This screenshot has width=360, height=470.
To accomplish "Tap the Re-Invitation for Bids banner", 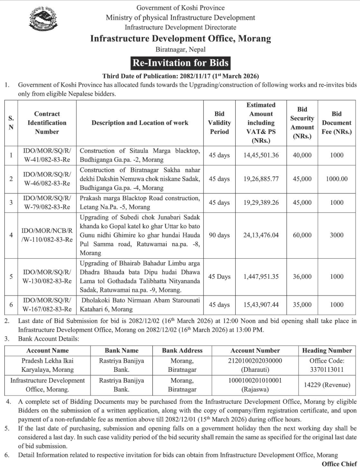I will (180, 63).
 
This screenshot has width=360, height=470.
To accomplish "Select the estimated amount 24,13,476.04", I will (261, 235).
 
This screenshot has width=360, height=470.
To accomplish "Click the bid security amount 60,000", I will (302, 235).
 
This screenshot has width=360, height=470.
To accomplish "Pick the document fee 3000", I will (336, 235).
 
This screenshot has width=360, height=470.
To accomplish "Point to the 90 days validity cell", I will (219, 235).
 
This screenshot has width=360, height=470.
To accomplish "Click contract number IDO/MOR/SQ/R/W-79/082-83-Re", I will (47, 202).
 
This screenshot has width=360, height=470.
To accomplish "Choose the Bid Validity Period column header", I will (219, 123).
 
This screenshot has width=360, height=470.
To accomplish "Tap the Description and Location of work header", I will (140, 123).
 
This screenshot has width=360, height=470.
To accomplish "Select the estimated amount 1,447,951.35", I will (261, 277).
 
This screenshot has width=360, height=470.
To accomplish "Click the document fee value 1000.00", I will (336, 179).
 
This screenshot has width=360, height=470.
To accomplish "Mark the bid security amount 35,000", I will (302, 305).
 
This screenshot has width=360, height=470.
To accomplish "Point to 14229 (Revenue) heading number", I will (327, 385).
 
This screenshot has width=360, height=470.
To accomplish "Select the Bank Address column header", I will (182, 351).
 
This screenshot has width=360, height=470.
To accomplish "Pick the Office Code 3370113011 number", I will (327, 370).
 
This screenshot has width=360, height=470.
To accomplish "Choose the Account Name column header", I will (47, 351).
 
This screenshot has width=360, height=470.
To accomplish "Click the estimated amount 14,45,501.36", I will (261, 155).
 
